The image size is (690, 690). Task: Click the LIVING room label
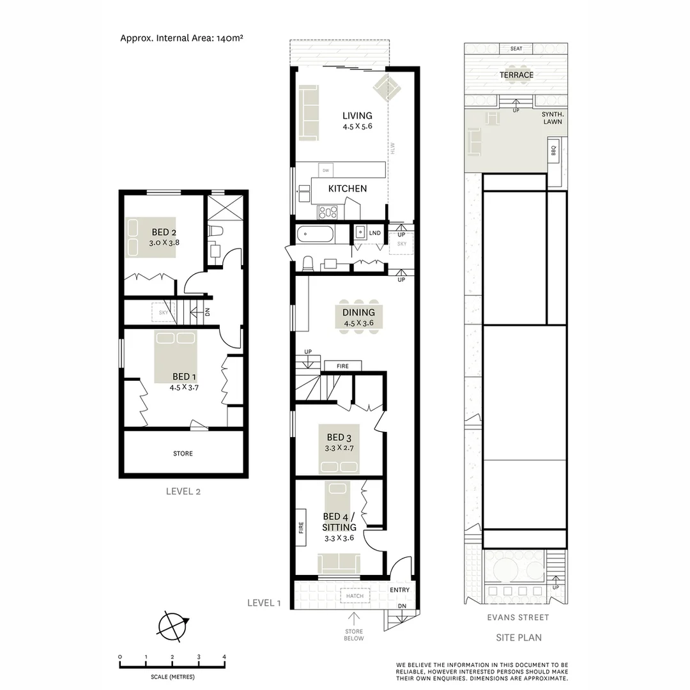356,116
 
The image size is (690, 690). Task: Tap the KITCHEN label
348,188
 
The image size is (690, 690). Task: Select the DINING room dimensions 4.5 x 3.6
358,323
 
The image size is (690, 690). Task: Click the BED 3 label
339,437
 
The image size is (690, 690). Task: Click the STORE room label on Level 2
183,454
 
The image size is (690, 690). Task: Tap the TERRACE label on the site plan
516,75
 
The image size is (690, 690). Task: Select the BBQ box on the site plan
553,151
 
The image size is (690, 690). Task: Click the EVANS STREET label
517,617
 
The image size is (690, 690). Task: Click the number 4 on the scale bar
224,657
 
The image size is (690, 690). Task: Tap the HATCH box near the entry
355,596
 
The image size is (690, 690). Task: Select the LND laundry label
375,233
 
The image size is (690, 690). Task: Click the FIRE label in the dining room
342,366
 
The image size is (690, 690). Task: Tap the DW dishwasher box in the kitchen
326,171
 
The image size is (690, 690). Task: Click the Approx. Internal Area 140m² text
181,38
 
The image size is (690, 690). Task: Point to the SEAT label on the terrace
516,49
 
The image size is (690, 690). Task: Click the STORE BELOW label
354,634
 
